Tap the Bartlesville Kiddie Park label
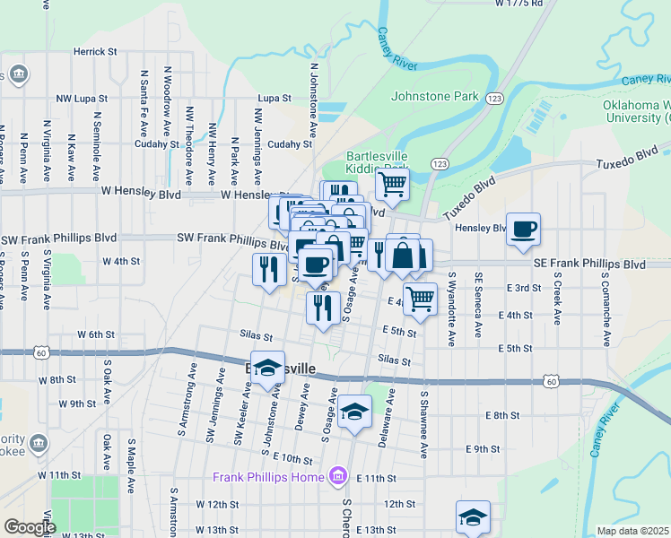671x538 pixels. pos(378,161)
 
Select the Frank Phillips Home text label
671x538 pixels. pos(267,476)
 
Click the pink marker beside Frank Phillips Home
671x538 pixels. pos(338,475)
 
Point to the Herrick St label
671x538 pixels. pos(96,52)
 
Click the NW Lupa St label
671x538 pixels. pos(82,98)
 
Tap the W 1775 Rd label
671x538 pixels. pos(519,4)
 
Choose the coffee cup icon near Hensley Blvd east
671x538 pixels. pos(523,228)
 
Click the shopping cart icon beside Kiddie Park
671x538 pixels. pos(391,184)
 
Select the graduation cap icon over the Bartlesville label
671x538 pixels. pos(267,369)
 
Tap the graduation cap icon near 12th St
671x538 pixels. pos(473,516)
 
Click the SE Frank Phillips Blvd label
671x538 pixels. pos(589,265)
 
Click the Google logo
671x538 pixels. pos(29,527)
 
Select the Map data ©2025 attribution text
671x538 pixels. pos(633,531)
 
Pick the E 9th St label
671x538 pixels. pos(483,448)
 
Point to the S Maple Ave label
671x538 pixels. pos(131,466)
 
